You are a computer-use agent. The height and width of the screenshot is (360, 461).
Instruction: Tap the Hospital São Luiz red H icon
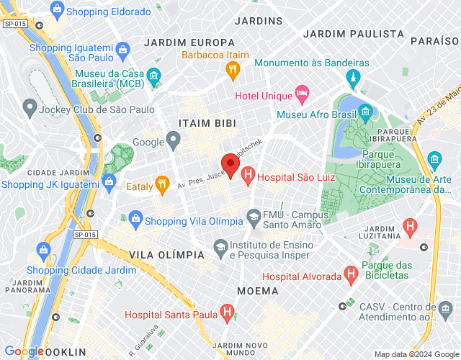click(x=249, y=174)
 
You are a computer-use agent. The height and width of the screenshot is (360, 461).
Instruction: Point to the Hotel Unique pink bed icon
click(x=303, y=95)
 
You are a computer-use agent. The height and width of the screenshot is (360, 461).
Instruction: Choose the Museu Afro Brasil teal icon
click(x=365, y=112)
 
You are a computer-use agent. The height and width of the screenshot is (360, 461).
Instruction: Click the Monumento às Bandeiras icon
click(x=352, y=76)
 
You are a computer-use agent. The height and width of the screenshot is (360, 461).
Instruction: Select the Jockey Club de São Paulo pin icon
click(x=30, y=109)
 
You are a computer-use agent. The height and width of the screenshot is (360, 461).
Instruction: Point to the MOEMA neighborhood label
click(x=257, y=291)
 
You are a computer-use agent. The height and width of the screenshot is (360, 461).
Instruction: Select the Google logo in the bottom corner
click(x=24, y=351)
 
